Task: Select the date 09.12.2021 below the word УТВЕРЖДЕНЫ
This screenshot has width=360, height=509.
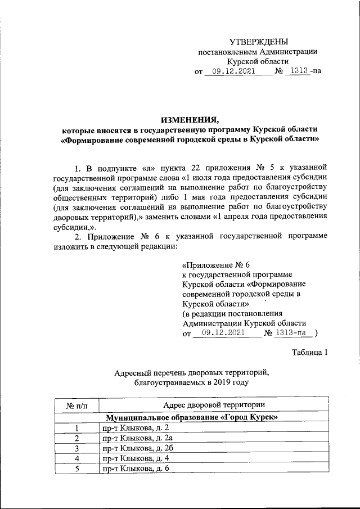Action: point(230,71)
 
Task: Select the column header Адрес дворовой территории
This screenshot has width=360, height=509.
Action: point(214,405)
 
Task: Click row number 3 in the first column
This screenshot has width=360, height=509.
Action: point(77,448)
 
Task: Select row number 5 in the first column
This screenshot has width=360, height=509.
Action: point(77,469)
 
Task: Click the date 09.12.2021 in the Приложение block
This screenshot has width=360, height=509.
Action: point(227,333)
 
